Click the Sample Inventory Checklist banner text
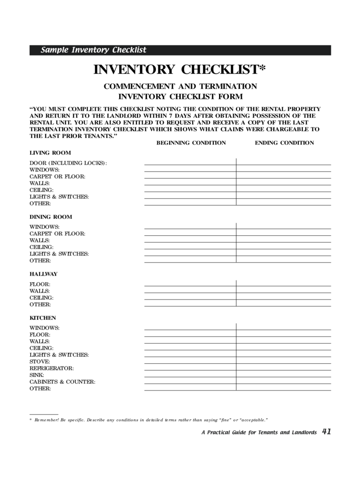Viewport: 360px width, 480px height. (x=93, y=50)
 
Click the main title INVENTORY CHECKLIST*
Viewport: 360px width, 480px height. (x=180, y=70)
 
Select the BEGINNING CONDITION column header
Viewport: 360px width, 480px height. (x=191, y=143)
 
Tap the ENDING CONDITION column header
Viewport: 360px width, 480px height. (x=284, y=143)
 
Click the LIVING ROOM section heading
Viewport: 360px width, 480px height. (x=50, y=153)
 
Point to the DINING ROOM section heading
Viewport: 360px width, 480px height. (x=51, y=217)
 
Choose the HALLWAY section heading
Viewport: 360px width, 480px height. (x=43, y=274)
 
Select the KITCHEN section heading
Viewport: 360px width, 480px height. (x=43, y=318)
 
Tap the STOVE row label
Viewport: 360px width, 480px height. (x=40, y=362)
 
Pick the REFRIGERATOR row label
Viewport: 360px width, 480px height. (x=52, y=368)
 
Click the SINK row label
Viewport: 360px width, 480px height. (x=37, y=375)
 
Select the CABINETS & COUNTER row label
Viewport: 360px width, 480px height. (x=62, y=382)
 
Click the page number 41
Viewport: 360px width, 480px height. (x=326, y=432)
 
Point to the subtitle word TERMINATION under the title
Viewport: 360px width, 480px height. (x=229, y=87)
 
